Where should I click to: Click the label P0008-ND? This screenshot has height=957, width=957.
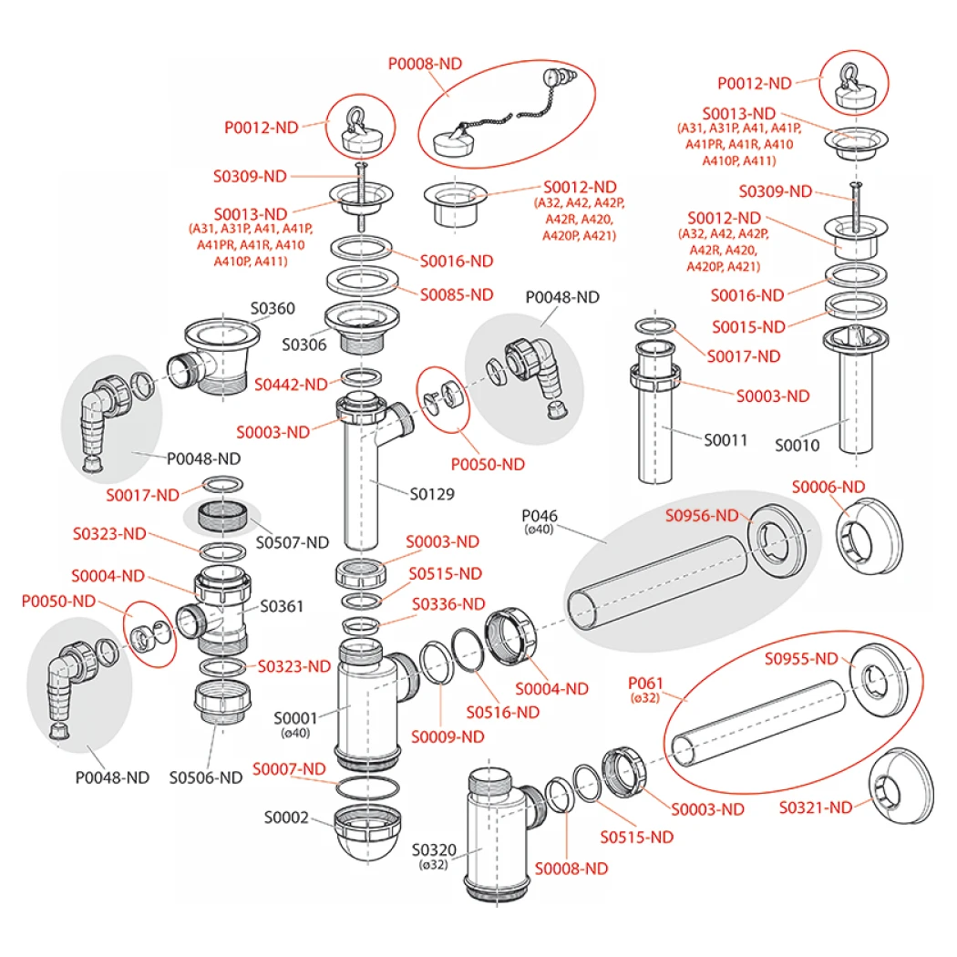pyautogui.click(x=425, y=64)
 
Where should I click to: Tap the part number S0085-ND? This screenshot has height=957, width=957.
pyautogui.click(x=457, y=294)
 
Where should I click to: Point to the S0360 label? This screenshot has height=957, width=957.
pyautogui.click(x=273, y=308)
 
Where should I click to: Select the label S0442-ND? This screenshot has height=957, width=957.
pyautogui.click(x=291, y=384)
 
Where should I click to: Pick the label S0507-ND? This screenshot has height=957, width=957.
pyautogui.click(x=292, y=542)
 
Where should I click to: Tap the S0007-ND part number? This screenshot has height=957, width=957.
pyautogui.click(x=288, y=768)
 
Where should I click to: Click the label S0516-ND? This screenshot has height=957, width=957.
pyautogui.click(x=503, y=712)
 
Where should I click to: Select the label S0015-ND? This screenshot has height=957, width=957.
pyautogui.click(x=748, y=325)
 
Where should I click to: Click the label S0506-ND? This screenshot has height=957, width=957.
pyautogui.click(x=206, y=777)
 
